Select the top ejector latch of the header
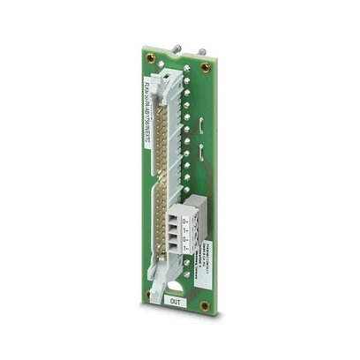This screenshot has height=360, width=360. [168, 84]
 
